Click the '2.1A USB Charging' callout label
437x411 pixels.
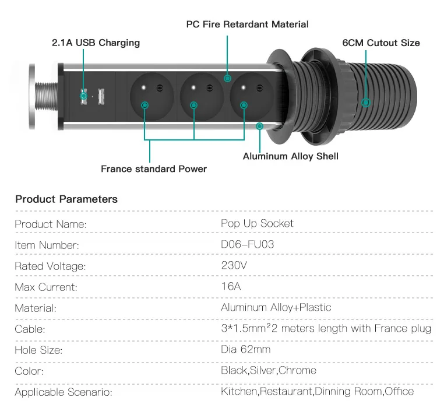96,43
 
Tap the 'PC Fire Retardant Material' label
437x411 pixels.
247,24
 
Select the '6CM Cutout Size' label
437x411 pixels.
381,43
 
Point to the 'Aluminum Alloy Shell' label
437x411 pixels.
291,156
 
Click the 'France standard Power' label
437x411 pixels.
154,168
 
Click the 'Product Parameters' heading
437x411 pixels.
66,199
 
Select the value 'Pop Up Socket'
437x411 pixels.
257,224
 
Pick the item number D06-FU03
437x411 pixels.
247,244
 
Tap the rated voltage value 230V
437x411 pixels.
234,265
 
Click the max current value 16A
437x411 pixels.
231,286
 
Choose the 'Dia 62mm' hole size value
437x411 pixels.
245,349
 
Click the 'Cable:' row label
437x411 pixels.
30,329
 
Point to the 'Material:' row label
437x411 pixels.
36,308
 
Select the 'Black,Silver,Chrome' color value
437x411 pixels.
269,370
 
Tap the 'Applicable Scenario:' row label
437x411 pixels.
64,392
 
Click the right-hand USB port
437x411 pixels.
101,97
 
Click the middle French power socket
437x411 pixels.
202,96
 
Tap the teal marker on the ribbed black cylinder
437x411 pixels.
366,103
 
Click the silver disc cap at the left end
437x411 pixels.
32,96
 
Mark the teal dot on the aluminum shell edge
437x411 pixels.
259,127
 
